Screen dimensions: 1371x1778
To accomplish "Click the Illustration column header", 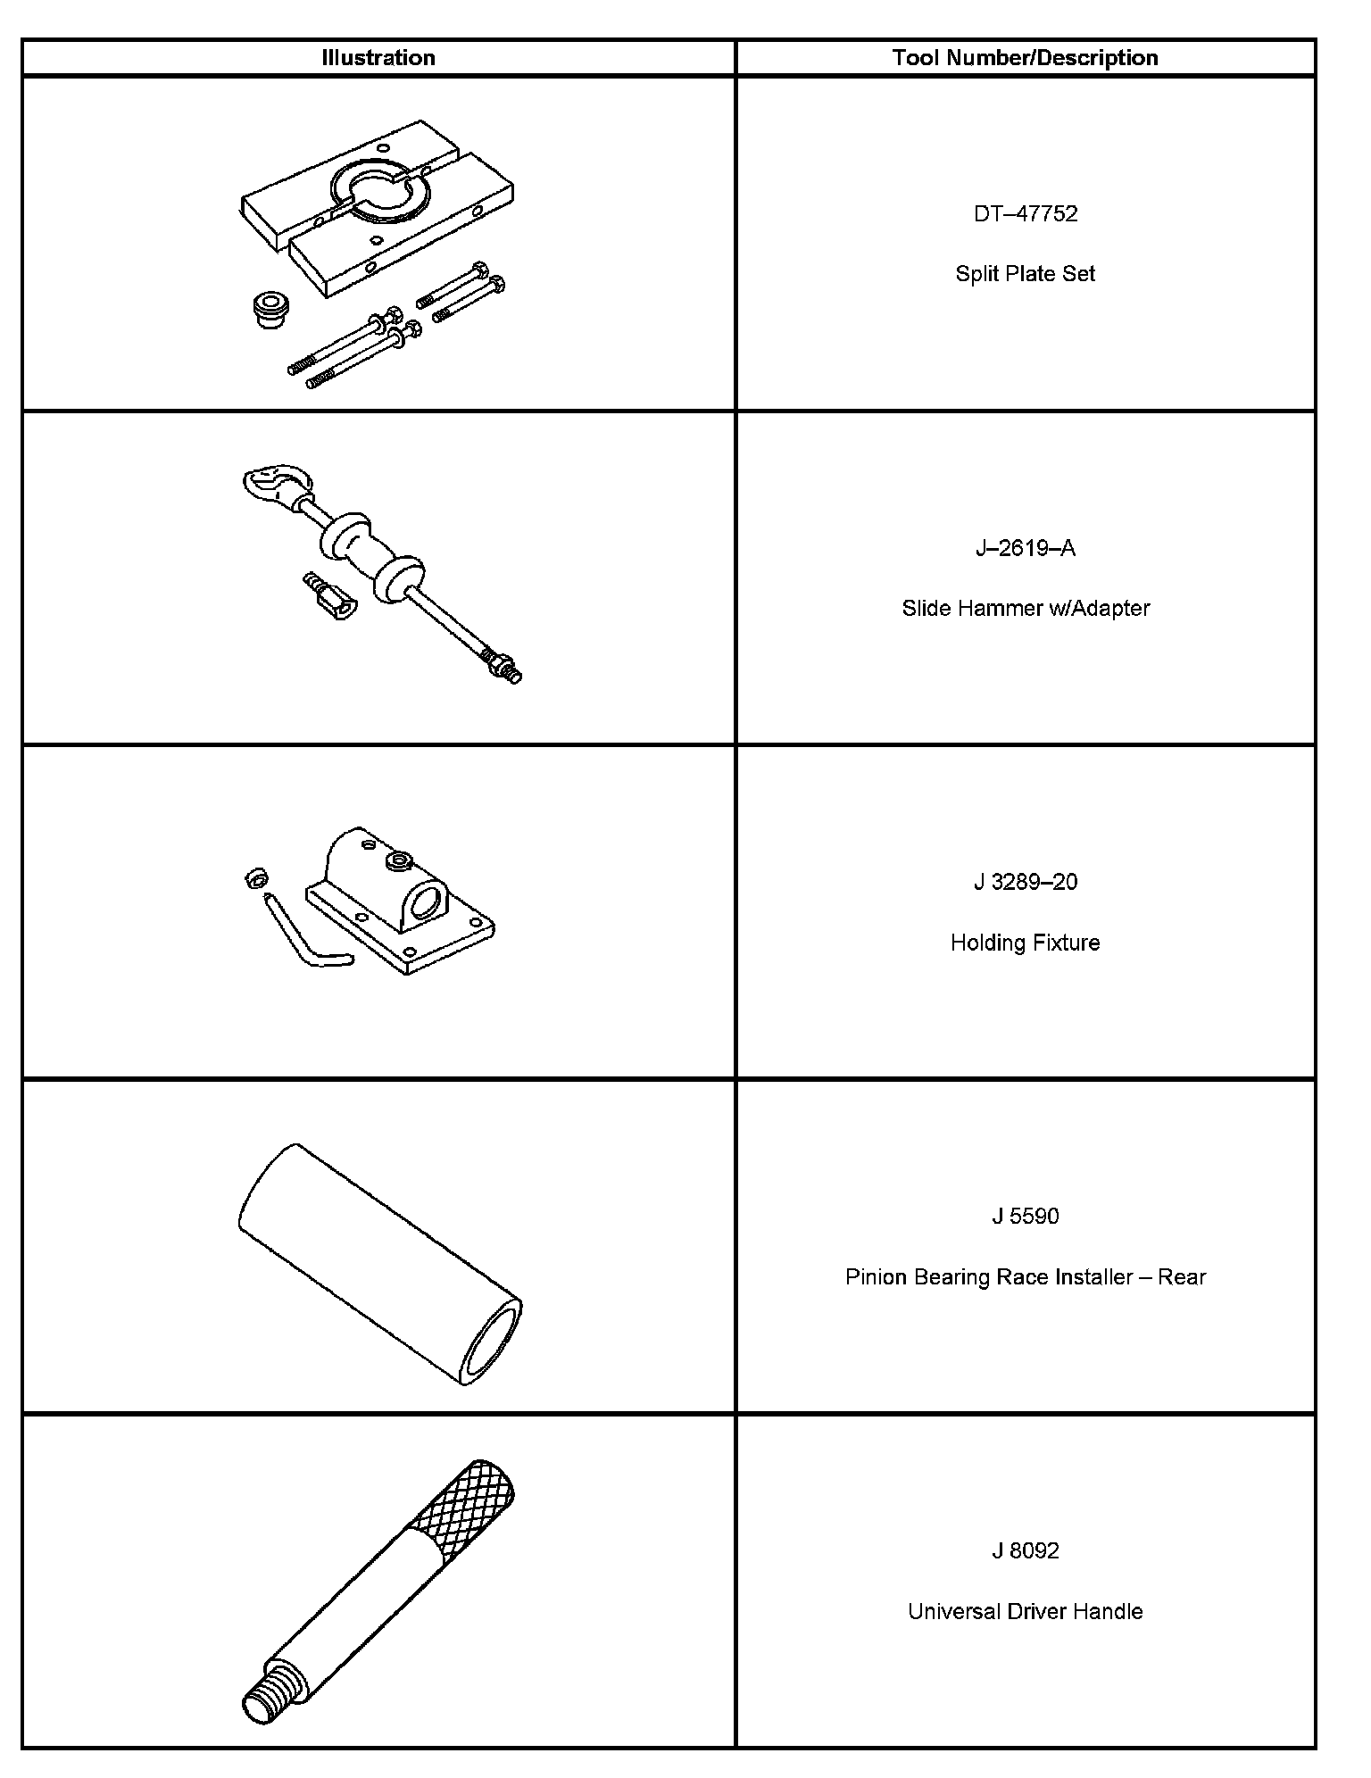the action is (x=378, y=58).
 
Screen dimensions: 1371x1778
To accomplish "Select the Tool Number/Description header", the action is (x=1025, y=58).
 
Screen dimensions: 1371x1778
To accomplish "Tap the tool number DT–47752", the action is (x=1026, y=214).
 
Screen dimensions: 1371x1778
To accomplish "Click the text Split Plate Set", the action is (x=1025, y=274).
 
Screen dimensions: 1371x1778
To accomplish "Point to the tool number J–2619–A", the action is (x=1026, y=548).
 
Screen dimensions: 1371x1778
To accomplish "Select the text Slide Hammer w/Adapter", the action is (x=1026, y=609).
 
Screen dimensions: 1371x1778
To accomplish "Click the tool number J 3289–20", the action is (x=1026, y=882).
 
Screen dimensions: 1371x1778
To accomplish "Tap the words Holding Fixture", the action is (x=1025, y=943).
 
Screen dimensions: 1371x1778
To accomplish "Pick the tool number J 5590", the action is (x=1026, y=1217).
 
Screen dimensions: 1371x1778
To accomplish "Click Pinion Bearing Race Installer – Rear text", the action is (x=1025, y=1277).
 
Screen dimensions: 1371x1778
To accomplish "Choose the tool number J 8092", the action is (x=1026, y=1550).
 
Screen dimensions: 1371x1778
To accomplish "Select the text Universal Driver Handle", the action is (x=1025, y=1611).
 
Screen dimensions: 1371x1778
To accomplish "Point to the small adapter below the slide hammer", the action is (x=329, y=595).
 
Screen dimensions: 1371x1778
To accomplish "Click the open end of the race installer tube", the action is (x=490, y=1342).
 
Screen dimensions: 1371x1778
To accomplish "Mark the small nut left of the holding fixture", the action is (x=254, y=879).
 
